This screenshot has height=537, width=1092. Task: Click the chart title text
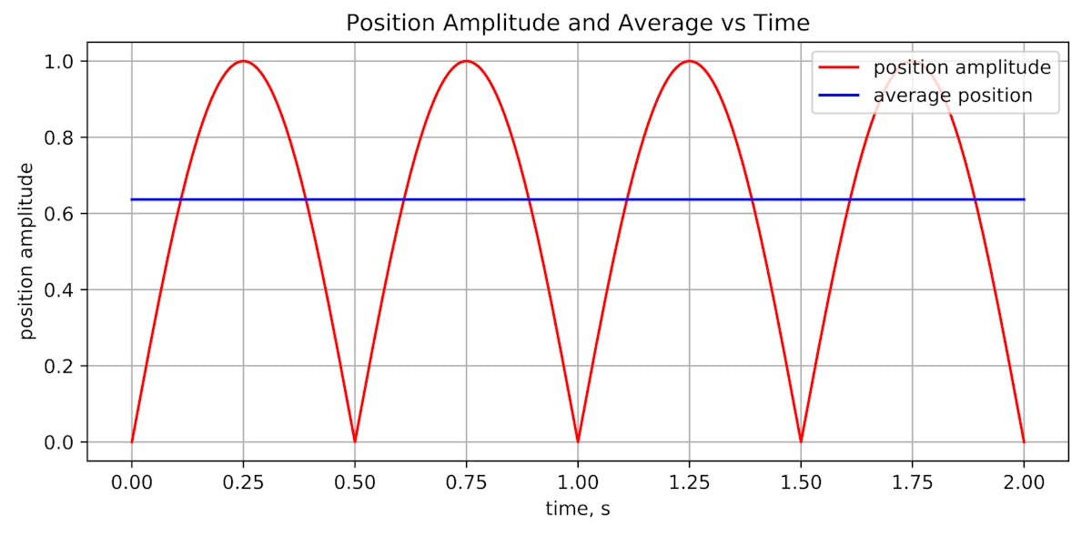[577, 23]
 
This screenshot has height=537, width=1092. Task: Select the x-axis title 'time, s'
[577, 510]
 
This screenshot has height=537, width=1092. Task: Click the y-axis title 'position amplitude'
[27, 251]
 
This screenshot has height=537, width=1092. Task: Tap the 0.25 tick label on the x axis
[243, 481]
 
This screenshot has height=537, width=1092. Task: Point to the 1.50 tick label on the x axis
[801, 481]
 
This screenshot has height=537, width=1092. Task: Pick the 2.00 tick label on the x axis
[1024, 481]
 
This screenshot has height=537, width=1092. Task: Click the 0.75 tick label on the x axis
[466, 481]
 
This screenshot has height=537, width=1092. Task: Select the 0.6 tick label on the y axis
[60, 214]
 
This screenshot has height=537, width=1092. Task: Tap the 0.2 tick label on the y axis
[60, 366]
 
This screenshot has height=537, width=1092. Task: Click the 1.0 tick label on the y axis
[60, 61]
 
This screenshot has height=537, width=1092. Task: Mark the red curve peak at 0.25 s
[243, 61]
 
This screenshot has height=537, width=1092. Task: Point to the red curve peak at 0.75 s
[466, 61]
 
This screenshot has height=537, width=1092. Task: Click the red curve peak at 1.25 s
[689, 61]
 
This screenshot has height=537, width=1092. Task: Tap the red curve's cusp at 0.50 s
[355, 441]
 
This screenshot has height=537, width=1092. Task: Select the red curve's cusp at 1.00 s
[578, 441]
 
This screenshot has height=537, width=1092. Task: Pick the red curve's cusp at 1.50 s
[801, 441]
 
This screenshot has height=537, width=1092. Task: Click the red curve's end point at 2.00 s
[1024, 441]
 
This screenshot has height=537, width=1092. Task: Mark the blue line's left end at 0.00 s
[132, 199]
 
